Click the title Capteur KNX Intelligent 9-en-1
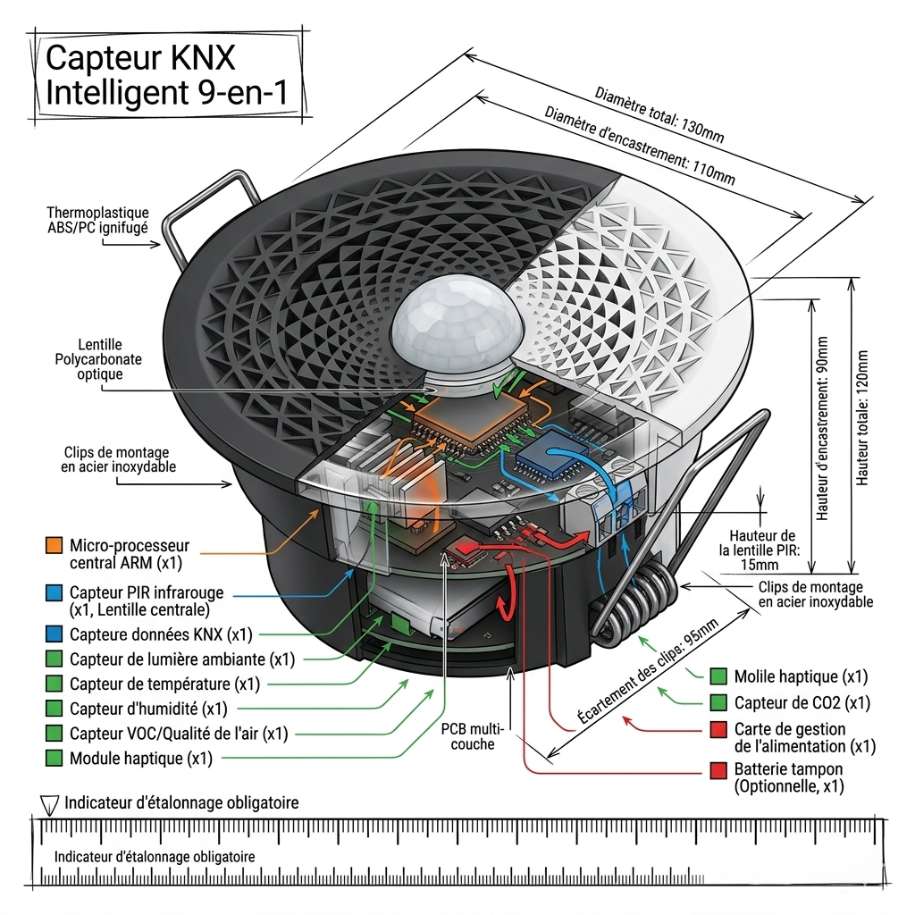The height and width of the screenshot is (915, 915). (166, 75)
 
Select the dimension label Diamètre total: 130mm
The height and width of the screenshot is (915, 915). (659, 115)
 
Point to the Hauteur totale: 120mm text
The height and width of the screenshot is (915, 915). (862, 417)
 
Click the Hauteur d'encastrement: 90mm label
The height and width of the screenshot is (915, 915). (822, 428)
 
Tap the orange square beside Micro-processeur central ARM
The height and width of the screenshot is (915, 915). (54, 545)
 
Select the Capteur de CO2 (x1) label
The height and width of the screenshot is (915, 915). (802, 702)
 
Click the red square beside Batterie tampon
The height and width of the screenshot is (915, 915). (718, 770)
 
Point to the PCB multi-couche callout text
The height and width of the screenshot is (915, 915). (472, 736)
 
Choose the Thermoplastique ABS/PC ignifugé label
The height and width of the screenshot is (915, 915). (98, 220)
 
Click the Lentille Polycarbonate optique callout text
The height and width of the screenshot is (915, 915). (98, 359)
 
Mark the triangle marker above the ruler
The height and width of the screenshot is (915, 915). (50, 804)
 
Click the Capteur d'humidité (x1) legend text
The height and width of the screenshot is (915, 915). (148, 709)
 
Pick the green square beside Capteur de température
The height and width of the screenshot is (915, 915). (54, 683)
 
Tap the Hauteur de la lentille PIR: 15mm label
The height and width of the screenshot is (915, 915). (760, 550)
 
